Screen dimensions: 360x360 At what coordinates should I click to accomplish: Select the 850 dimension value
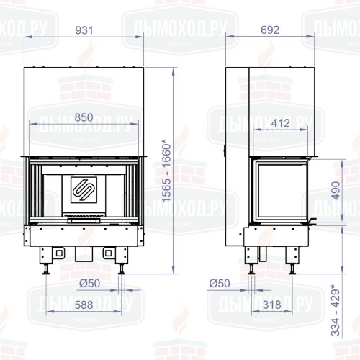point(84,117)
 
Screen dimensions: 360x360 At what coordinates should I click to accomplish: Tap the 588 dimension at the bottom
point(84,305)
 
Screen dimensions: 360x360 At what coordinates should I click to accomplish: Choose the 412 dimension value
point(281,122)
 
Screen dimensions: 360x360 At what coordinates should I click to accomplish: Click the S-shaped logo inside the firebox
point(84,189)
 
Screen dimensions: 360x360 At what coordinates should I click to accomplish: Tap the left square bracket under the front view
point(56,254)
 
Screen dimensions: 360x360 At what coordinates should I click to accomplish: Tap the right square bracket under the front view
point(109,254)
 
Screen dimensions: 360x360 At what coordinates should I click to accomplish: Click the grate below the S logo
point(84,215)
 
